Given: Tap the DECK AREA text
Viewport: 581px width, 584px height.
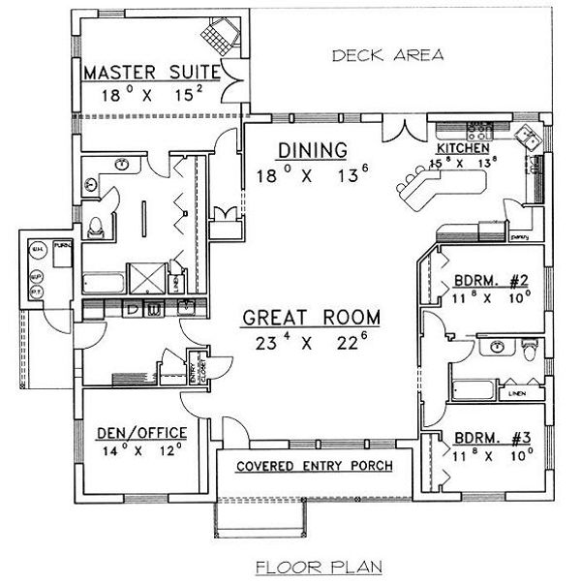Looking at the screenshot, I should [x=387, y=55].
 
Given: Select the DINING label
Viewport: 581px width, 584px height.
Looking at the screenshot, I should [x=312, y=150].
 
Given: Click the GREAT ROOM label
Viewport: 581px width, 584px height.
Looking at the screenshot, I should [x=311, y=318].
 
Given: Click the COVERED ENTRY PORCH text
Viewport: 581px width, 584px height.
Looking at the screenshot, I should [x=315, y=466].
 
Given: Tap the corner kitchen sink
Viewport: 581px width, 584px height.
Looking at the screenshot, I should [x=531, y=138].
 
